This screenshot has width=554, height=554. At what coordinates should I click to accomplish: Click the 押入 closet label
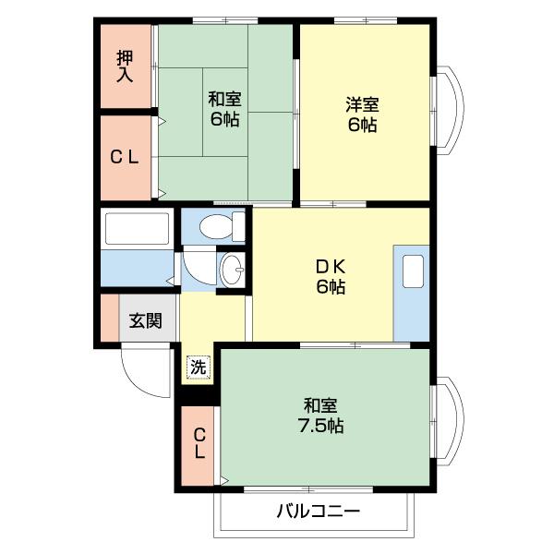[125, 66]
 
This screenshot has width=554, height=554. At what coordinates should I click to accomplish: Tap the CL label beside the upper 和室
[125, 157]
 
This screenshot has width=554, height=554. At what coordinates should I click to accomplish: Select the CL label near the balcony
[199, 444]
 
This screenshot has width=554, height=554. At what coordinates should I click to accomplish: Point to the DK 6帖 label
[330, 275]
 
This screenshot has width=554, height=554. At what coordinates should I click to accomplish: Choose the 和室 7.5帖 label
[323, 415]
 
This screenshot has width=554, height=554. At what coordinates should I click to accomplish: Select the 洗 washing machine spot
[199, 367]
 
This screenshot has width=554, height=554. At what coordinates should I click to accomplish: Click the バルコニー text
[318, 512]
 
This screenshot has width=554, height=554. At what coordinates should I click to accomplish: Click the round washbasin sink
[232, 271]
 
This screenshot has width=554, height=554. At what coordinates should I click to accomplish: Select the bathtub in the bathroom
[137, 229]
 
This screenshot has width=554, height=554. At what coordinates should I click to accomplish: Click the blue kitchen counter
[411, 305]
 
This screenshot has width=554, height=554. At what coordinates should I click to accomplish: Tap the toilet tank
[239, 226]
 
